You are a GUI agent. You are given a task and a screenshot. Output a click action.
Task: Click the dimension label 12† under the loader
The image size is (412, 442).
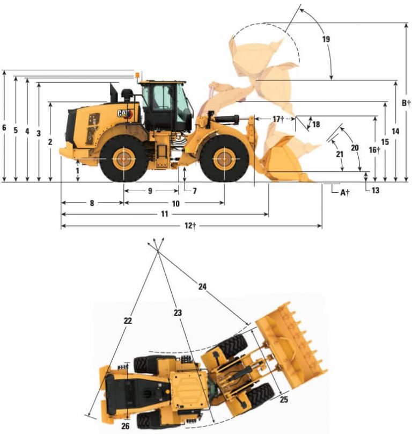[189, 226]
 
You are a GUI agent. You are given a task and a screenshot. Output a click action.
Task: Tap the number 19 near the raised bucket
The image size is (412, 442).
[326, 40]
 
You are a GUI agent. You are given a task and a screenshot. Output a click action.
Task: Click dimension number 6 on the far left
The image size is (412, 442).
[4, 128]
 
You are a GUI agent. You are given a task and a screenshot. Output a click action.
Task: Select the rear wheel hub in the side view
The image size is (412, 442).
[123, 158]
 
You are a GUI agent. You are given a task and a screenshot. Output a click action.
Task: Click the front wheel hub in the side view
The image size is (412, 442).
[224, 158]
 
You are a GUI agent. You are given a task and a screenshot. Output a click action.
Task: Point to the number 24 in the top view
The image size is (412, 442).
[202, 287]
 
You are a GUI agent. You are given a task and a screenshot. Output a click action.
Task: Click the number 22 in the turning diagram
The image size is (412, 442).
[128, 321]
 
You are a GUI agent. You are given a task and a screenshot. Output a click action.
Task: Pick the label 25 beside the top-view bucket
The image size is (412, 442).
[284, 400]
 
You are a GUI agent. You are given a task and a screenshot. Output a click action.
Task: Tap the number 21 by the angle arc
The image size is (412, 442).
[339, 154]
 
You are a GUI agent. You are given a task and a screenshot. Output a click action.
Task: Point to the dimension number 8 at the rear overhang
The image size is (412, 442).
[92, 204]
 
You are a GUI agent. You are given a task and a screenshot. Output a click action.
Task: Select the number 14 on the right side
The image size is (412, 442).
[395, 131]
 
